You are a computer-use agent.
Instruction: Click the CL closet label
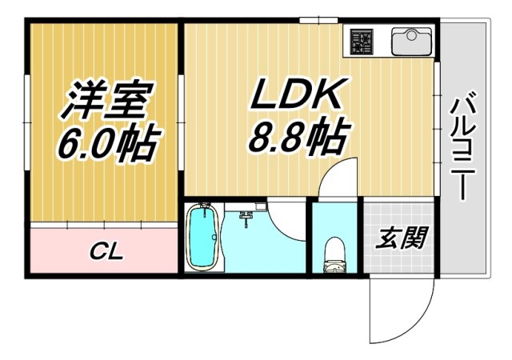(106, 253)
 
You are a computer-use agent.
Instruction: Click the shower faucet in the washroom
(247, 214)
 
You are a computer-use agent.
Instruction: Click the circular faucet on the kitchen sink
(410, 33)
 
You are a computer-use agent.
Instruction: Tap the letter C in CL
(97, 253)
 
